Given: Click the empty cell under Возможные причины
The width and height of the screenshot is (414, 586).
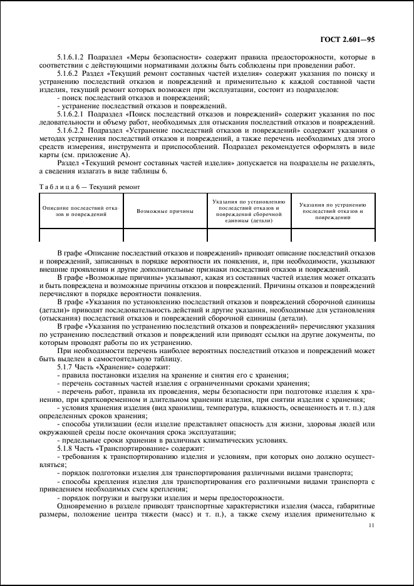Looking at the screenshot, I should click(x=165, y=235).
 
